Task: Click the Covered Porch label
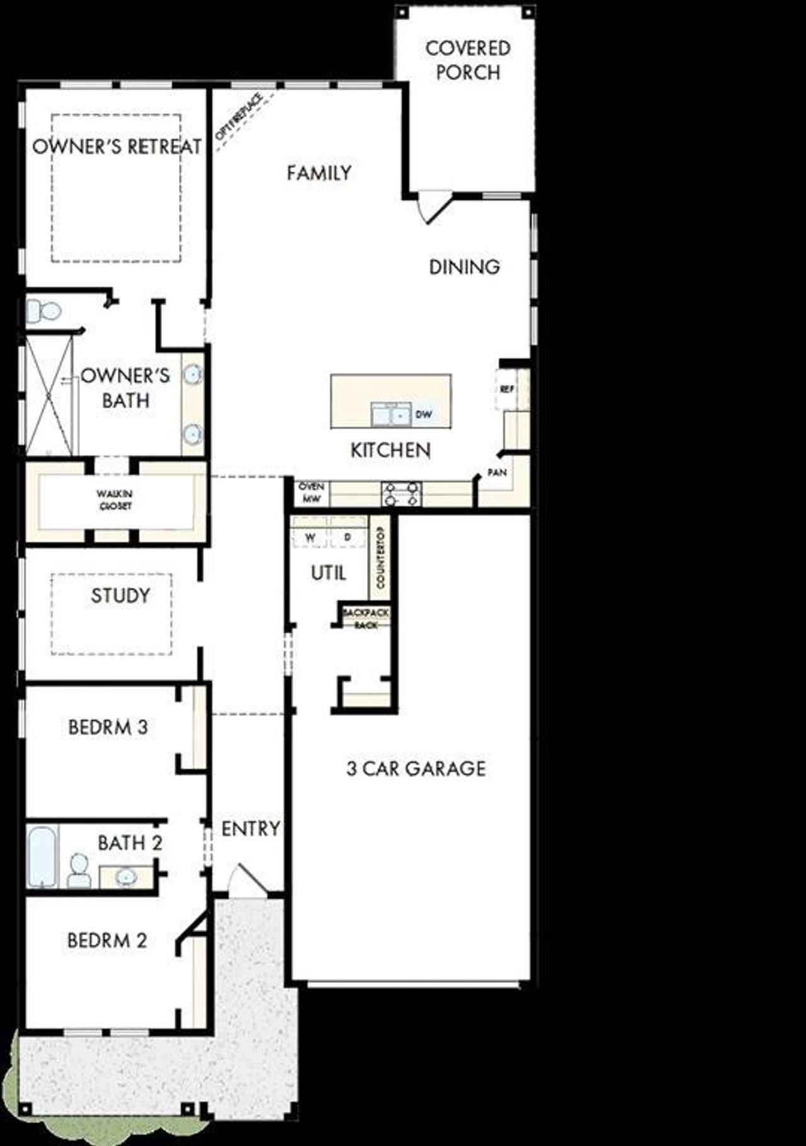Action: (467, 60)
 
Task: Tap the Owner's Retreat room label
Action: (117, 147)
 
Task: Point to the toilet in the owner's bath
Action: (44, 310)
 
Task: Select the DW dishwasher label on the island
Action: (424, 415)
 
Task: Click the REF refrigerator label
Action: (506, 390)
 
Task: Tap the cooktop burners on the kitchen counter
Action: (401, 493)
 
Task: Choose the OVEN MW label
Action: (311, 492)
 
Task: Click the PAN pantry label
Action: (497, 472)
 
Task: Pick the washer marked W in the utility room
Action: (310, 538)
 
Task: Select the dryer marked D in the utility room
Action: (347, 538)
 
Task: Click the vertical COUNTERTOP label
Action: (380, 557)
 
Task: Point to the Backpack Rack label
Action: (365, 618)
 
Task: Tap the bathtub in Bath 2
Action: (43, 856)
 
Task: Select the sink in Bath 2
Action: (126, 876)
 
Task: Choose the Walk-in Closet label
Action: (115, 500)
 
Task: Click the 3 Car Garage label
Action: (416, 768)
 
